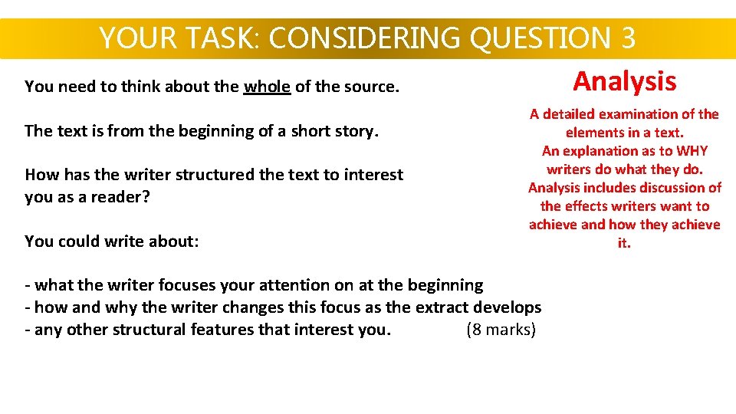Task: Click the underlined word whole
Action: [x=267, y=87]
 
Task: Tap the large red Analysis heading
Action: [x=625, y=81]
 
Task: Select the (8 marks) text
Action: [x=501, y=330]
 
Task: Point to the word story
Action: [x=356, y=131]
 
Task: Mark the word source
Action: [x=370, y=87]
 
